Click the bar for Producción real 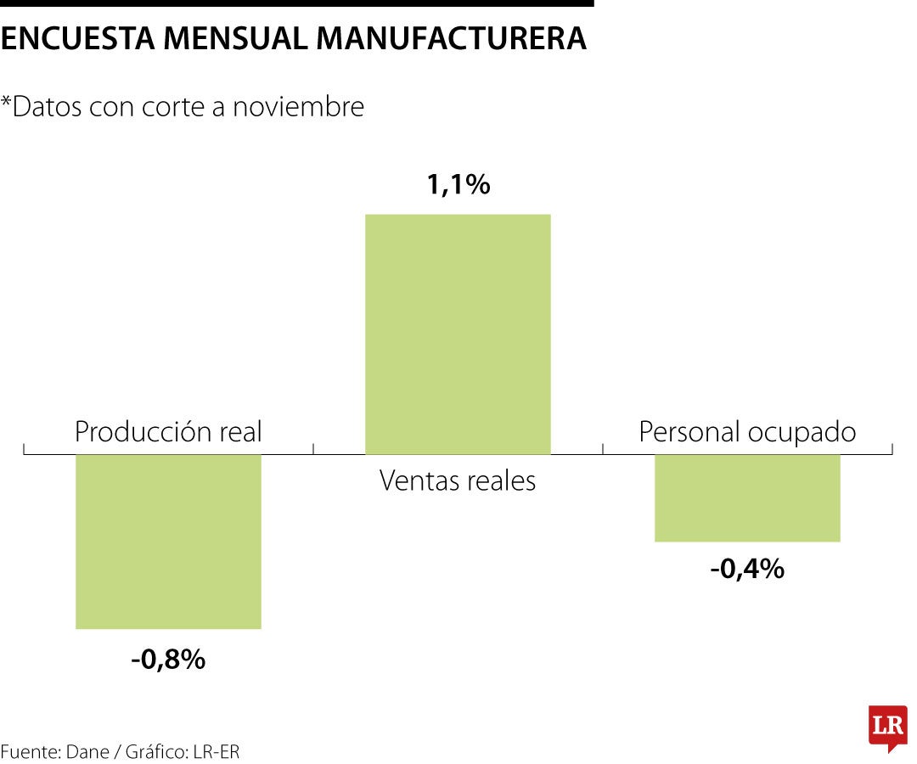168,542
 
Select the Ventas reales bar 458,334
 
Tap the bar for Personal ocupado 747,497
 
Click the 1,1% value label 458,184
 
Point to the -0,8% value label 168,660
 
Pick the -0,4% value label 747,569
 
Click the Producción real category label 168,432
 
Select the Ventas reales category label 458,481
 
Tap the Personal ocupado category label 747,432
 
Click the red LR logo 887,727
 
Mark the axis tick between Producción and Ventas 313,448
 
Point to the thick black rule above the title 296,3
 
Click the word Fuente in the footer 26,751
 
